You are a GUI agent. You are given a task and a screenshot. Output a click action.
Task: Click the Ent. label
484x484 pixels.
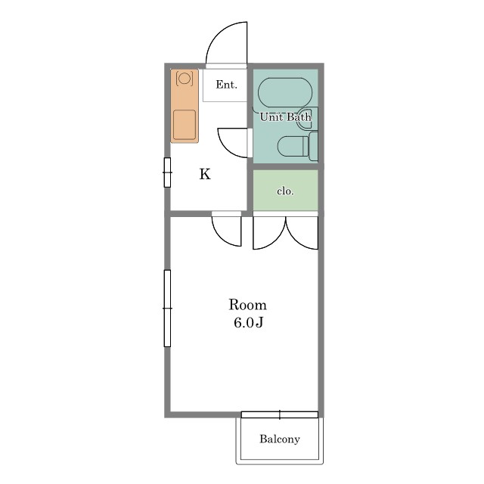(x=227, y=85)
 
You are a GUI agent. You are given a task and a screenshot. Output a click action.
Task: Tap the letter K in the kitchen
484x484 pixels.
(x=205, y=174)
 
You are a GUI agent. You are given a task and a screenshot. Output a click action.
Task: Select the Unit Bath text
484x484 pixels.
(x=286, y=116)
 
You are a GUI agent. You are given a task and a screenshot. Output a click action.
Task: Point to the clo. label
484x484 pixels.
(x=285, y=191)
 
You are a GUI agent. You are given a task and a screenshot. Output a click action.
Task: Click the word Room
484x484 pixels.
(x=247, y=305)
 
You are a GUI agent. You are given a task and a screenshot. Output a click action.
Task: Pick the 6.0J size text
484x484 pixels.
(x=249, y=323)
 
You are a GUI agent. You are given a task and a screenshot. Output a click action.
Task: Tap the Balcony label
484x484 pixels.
(x=280, y=439)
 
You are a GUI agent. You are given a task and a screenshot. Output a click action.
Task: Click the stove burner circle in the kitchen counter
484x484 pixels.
(x=185, y=78)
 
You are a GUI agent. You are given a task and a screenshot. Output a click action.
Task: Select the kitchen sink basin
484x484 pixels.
(x=185, y=125)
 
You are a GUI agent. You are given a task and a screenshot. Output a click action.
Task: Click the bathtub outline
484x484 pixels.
(x=285, y=92)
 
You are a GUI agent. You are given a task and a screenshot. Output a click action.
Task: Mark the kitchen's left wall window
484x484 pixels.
(x=167, y=172)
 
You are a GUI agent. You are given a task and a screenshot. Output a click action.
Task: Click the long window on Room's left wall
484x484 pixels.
(x=167, y=308)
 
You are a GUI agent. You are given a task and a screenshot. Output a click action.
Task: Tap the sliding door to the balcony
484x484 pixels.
(x=280, y=414)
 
